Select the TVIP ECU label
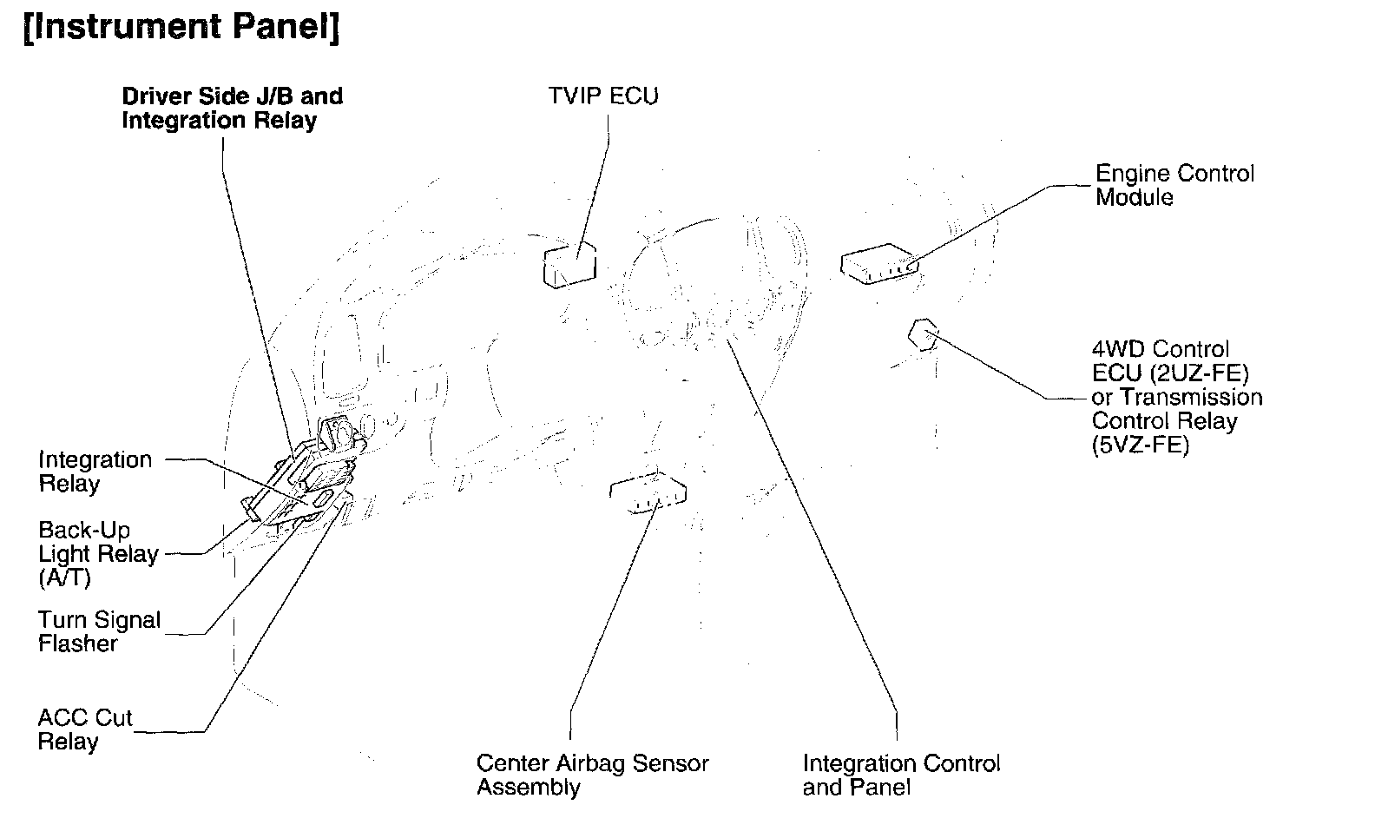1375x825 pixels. (x=602, y=96)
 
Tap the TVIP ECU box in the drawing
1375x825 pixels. (x=569, y=264)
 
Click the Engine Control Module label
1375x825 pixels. (x=1174, y=185)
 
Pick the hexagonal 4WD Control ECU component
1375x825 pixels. (x=924, y=333)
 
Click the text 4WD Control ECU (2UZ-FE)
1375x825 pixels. (x=1169, y=361)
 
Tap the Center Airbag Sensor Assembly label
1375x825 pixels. (x=592, y=775)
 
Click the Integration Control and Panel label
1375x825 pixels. (x=901, y=775)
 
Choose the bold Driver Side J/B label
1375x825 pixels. (x=232, y=108)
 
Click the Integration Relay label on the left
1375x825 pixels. (x=95, y=472)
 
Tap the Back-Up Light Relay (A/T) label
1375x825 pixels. (x=98, y=553)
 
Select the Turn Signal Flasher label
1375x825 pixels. (x=99, y=631)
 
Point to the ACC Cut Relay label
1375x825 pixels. (x=84, y=729)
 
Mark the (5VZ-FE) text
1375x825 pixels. (x=1140, y=445)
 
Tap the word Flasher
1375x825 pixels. (x=77, y=644)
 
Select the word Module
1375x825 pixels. (x=1134, y=197)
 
